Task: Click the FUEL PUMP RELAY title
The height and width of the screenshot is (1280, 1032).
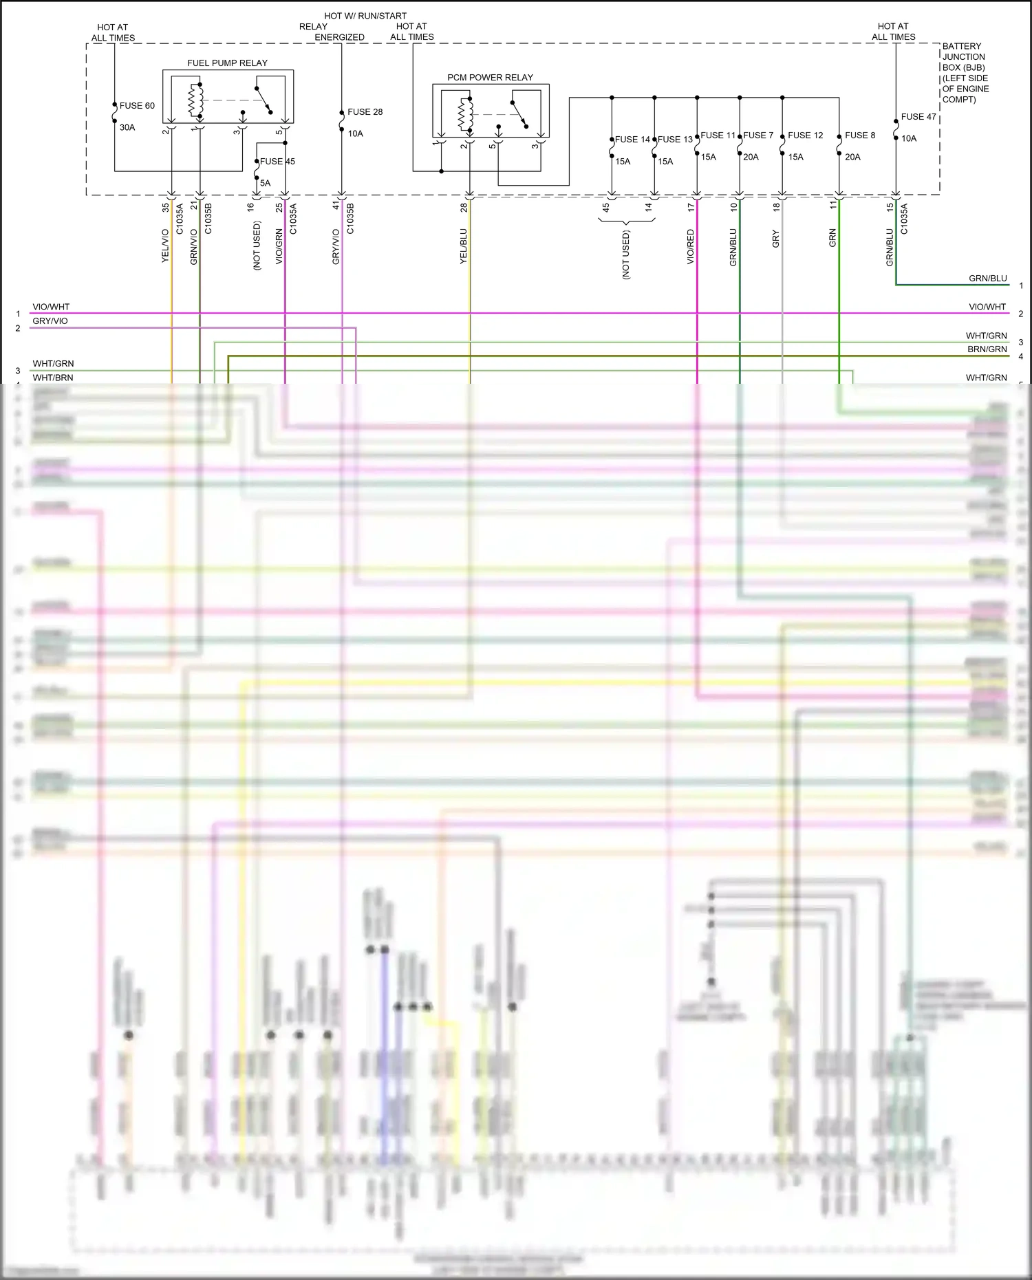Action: (x=227, y=63)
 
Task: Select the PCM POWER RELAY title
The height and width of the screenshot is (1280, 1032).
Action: (x=490, y=78)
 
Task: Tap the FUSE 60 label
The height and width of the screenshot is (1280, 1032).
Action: (x=137, y=106)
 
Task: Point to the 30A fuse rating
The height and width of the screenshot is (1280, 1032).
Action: (x=127, y=128)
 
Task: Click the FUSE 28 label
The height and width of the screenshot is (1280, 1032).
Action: (x=365, y=112)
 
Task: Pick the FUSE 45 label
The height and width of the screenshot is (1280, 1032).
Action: (x=277, y=162)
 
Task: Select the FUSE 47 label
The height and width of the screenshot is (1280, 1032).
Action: (x=918, y=117)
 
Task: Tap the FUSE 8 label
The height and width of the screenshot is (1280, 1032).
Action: (x=860, y=135)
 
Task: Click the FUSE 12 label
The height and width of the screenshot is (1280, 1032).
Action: (x=805, y=135)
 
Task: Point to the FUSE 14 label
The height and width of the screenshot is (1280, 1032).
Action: (x=632, y=140)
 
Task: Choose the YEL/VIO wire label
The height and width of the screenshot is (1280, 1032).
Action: (x=165, y=246)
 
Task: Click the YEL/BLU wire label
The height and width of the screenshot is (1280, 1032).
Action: (x=464, y=246)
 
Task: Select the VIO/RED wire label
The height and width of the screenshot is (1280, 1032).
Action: (x=691, y=247)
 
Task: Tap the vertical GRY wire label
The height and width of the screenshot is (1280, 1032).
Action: (x=776, y=239)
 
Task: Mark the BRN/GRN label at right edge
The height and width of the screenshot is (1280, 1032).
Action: (x=987, y=349)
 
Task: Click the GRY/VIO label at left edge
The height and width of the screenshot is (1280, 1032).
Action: (x=50, y=321)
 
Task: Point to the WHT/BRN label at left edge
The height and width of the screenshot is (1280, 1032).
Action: (x=53, y=378)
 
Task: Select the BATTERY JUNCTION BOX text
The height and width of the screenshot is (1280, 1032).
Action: (x=965, y=72)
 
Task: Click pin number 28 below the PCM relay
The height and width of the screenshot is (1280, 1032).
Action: (x=464, y=207)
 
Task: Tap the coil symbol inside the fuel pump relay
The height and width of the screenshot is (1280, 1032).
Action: (x=196, y=100)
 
